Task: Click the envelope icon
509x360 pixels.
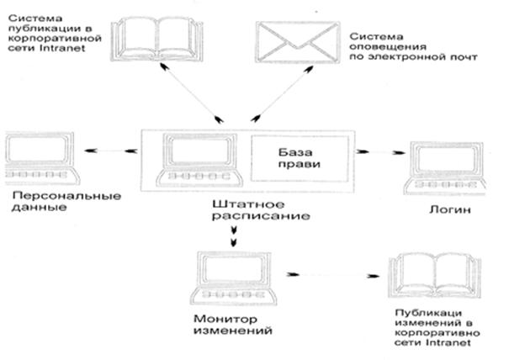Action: coord(298,42)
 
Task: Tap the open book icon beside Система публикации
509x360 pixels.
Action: coord(156,39)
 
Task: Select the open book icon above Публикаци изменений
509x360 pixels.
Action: coord(435,275)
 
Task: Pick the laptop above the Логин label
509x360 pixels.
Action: coord(445,168)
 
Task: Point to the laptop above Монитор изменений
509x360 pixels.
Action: coord(233,278)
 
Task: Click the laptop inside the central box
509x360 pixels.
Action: coord(199,160)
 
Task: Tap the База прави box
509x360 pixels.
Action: coord(300,158)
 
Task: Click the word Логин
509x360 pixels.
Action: coord(450,209)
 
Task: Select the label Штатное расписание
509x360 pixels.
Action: coord(261,210)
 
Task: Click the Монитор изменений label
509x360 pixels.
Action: coord(233,325)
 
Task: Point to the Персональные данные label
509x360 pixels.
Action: coord(66,201)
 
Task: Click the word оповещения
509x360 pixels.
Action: coord(388,47)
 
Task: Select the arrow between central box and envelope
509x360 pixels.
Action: coord(283,94)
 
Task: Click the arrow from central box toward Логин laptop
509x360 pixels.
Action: coord(381,152)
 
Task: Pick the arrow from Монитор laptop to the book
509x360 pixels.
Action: coord(333,275)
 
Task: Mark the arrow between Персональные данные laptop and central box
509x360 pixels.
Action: coord(111,151)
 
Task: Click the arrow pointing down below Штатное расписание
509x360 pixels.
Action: coord(234,236)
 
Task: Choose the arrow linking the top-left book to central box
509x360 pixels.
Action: coord(192,93)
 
